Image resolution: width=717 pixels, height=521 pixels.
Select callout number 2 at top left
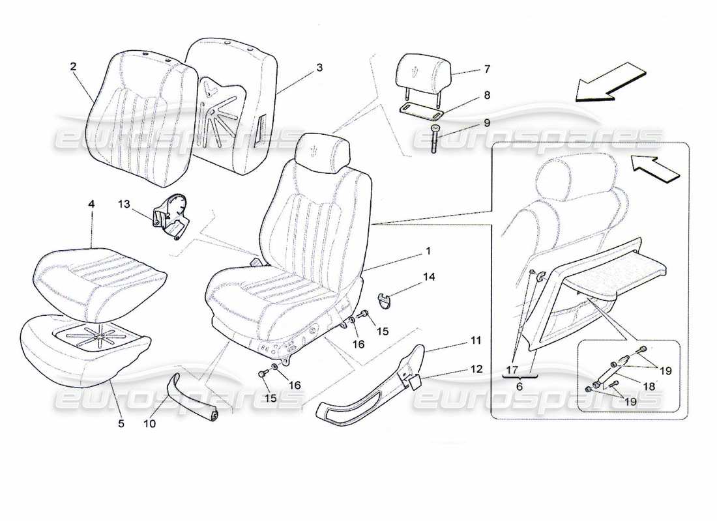73,66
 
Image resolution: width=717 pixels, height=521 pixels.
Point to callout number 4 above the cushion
91,204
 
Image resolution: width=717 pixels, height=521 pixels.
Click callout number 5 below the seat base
120,424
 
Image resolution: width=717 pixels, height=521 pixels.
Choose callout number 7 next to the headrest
486,68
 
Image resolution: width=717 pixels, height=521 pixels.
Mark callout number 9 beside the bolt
486,122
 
